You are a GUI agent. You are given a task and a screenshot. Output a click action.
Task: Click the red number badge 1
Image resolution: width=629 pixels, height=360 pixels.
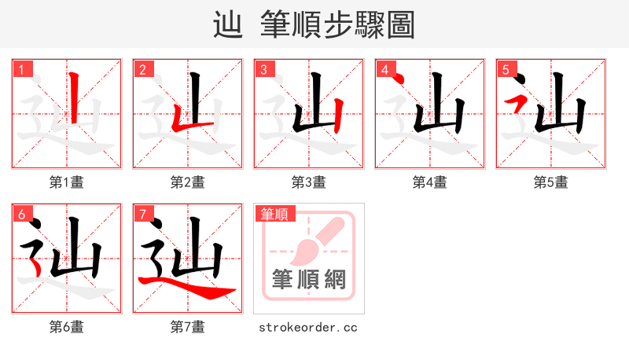point(21,70)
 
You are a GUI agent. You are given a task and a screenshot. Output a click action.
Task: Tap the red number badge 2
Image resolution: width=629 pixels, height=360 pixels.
point(142,70)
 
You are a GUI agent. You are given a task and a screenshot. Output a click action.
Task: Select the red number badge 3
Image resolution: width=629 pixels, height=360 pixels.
point(263,70)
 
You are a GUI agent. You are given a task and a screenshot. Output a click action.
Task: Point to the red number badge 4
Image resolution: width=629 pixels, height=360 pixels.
point(384,70)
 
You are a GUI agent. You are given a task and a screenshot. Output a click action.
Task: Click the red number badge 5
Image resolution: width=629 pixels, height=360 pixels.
point(506,70)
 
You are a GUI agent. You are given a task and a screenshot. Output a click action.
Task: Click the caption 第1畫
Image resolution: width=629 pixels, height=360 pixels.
point(66,182)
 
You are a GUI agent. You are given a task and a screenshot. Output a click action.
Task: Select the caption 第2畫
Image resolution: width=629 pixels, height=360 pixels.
point(187,182)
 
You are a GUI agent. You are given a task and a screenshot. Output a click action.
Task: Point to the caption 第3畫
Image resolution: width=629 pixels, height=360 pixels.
point(308,182)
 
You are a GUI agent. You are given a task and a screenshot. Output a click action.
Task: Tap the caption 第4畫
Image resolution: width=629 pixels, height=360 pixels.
point(429,182)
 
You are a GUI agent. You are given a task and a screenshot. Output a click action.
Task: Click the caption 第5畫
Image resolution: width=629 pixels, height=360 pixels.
point(550,182)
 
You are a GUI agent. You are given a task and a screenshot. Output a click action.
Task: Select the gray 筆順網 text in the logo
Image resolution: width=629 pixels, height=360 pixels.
point(309,280)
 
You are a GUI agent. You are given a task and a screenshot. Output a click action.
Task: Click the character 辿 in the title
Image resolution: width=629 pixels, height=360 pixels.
point(227,25)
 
